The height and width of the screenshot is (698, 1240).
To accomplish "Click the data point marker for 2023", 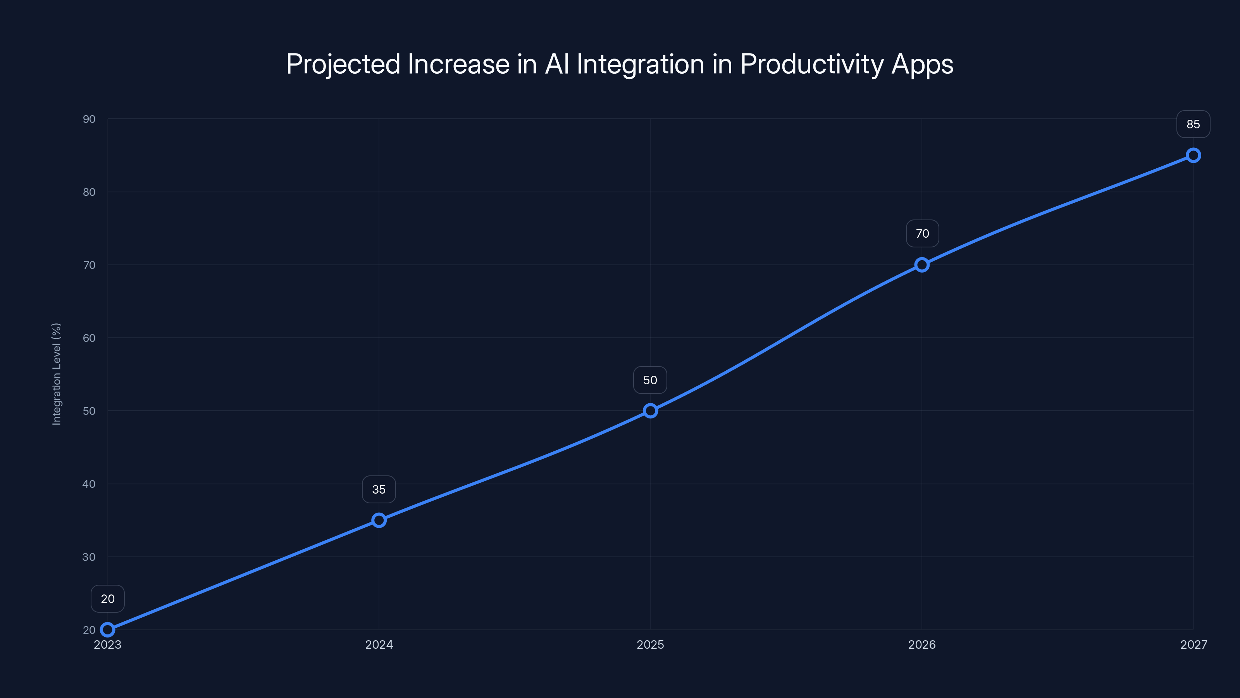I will pos(108,630).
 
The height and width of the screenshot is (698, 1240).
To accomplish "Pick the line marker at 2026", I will pos(922,265).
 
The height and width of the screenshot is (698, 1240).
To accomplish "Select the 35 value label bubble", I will pos(379,489).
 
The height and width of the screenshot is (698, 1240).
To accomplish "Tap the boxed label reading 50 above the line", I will pos(650,380).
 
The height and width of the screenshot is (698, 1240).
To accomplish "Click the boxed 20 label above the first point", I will pos(108,599).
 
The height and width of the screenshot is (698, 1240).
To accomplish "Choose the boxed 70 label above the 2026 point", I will pos(922,233).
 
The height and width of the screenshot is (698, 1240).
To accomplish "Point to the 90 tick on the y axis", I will pos(89,119).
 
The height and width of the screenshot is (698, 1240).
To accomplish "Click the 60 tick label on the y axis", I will pos(89,338).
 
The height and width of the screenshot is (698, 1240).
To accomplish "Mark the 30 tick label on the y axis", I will pos(89,557).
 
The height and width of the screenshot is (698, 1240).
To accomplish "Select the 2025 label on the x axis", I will pos(650,644).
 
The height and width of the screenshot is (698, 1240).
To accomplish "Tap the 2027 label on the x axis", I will pos(1194,644).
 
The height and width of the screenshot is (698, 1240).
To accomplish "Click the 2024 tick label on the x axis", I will pos(379,644).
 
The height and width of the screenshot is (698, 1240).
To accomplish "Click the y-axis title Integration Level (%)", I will pos(56,374).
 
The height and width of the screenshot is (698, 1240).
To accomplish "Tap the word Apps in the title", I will pos(922,64).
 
